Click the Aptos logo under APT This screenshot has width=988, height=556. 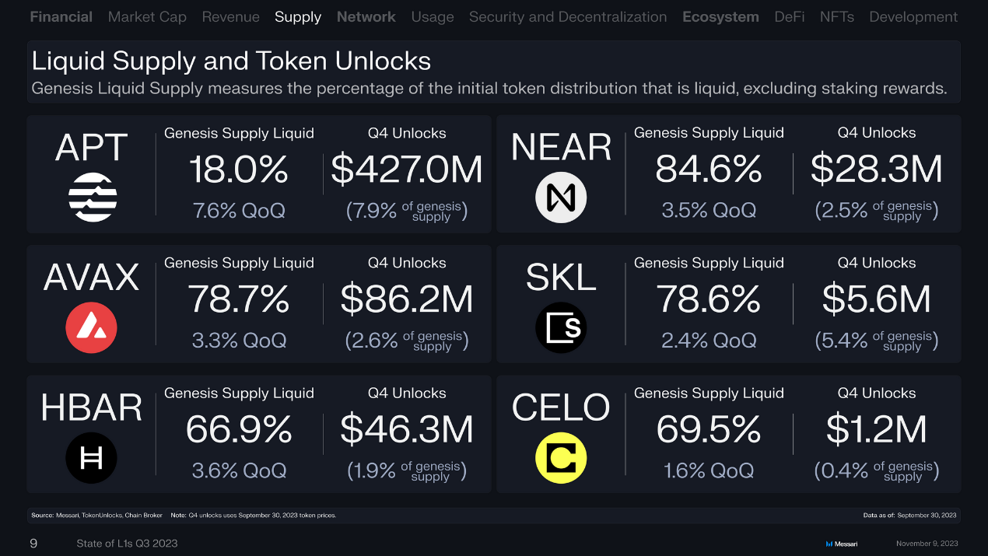[x=93, y=197]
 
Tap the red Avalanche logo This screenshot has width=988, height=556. [x=91, y=327]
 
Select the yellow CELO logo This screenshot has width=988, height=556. [x=560, y=457]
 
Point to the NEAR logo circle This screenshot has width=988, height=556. [x=560, y=198]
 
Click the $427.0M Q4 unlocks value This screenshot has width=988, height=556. [x=407, y=170]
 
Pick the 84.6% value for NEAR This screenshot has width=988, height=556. [x=708, y=170]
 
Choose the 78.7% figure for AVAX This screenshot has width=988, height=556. [x=239, y=299]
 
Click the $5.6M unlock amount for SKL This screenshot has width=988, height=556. [x=876, y=299]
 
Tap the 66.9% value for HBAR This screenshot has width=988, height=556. [x=239, y=429]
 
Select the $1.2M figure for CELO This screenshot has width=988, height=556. [x=876, y=429]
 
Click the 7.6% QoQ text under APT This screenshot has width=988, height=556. [x=239, y=211]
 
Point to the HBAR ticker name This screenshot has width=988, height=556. [x=91, y=407]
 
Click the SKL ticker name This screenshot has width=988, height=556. [x=561, y=278]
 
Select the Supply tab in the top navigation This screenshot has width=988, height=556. [x=298, y=17]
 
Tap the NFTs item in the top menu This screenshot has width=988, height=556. [x=836, y=17]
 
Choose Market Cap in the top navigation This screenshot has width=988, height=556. [x=147, y=17]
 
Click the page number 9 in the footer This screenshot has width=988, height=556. [x=33, y=544]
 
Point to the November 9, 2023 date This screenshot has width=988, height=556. [x=927, y=544]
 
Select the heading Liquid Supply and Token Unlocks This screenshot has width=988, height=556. [x=231, y=61]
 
